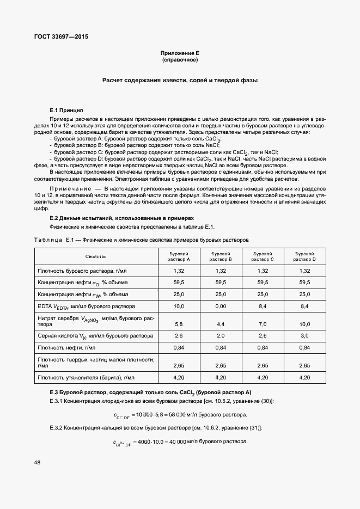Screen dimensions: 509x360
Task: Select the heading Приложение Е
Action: pos(180,53)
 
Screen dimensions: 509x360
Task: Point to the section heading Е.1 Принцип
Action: pos(66,110)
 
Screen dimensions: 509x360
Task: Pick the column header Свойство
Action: pos(96,256)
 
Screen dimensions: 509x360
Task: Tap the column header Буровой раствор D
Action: pos(304,256)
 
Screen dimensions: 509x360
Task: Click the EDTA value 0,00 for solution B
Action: pos(221,307)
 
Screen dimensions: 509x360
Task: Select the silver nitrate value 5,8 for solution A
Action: pos(179,324)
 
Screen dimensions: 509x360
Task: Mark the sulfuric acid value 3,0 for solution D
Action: pos(304,335)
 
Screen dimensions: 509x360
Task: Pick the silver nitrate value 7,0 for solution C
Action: pos(263,324)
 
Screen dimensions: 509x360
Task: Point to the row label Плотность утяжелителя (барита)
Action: pos(86,377)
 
